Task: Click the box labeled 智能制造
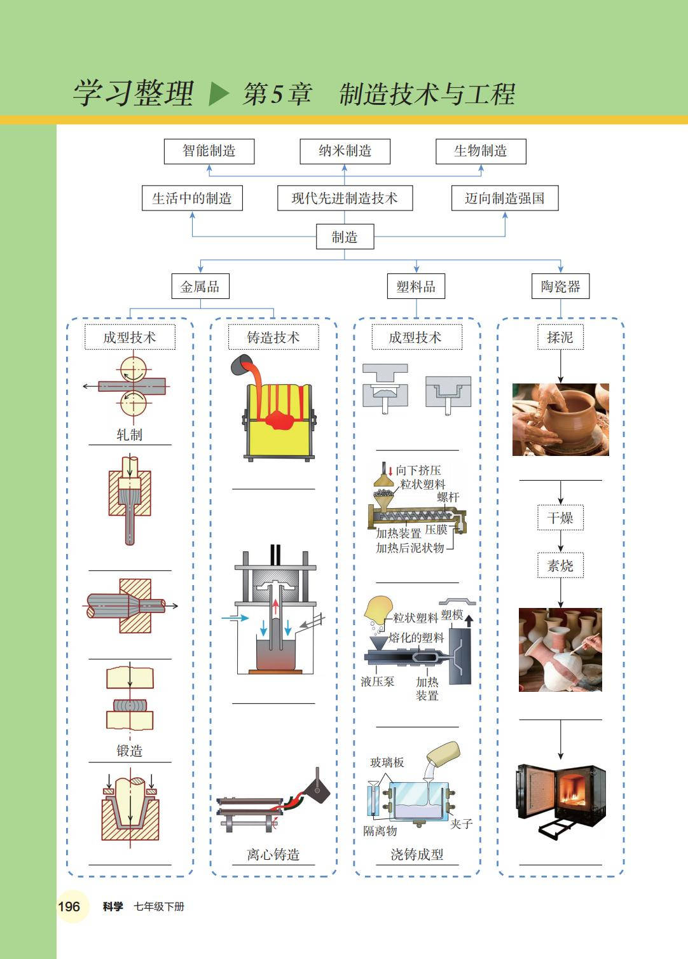pos(209,151)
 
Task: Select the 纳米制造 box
pos(345,151)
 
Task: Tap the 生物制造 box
pos(480,151)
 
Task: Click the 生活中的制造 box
pos(192,198)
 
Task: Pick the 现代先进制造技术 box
pos(345,198)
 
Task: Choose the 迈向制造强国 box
pos(505,198)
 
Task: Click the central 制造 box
pos(345,237)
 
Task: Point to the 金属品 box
pos(200,287)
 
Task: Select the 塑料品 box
pos(416,287)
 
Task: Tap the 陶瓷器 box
pos(560,287)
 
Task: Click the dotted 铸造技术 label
pos(273,338)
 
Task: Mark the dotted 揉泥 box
pos(560,338)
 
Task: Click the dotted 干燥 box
pos(560,518)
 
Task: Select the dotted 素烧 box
pos(560,565)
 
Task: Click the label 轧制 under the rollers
pos(130,435)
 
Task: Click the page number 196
pos(69,907)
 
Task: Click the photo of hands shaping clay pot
pos(560,419)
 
